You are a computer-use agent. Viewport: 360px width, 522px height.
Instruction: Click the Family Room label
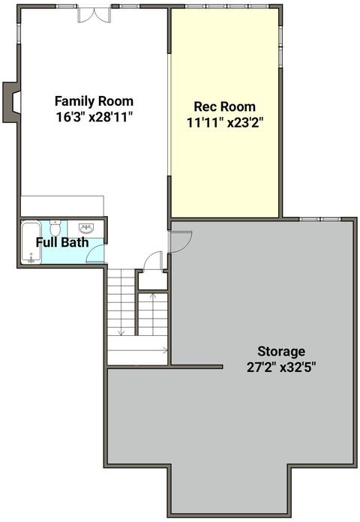94,100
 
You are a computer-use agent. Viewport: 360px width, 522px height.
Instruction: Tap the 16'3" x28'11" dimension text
94,117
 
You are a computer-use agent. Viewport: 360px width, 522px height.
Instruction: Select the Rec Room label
225,106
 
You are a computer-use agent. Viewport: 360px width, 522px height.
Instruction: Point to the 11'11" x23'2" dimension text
225,123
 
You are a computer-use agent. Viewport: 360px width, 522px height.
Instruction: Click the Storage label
281,351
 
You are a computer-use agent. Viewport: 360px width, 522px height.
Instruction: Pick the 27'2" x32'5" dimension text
281,367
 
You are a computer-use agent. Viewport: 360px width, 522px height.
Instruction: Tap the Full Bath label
62,242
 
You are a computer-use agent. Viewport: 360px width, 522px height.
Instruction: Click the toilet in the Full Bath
55,227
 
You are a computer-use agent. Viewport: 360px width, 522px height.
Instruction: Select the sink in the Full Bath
86,228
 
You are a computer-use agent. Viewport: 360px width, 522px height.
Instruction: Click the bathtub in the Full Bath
31,242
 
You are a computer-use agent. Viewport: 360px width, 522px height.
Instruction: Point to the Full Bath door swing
95,253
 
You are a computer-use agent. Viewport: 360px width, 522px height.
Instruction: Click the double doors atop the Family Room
94,15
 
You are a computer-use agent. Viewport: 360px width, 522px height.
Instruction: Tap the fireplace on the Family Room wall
11,102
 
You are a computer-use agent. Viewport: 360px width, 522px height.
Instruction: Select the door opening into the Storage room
180,241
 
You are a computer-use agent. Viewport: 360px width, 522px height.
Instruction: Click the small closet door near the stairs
153,260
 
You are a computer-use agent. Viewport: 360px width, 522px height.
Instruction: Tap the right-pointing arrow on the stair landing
137,350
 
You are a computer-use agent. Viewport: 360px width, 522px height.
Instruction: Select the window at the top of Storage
320,219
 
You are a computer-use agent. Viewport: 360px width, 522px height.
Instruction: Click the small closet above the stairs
153,280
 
